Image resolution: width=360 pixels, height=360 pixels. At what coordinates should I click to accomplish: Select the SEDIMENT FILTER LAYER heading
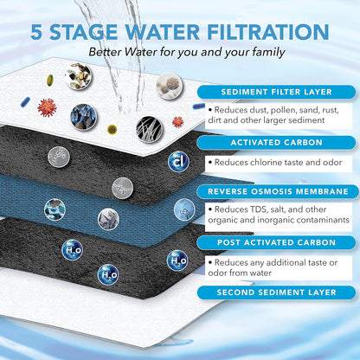[272, 91]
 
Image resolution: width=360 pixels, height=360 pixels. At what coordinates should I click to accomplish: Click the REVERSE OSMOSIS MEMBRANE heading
[272, 192]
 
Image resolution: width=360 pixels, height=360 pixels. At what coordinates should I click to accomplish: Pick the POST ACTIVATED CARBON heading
[272, 243]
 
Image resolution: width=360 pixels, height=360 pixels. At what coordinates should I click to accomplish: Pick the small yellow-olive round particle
[112, 128]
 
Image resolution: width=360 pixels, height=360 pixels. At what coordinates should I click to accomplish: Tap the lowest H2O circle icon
[107, 274]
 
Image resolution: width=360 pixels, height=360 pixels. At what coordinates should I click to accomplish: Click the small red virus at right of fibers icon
[178, 121]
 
